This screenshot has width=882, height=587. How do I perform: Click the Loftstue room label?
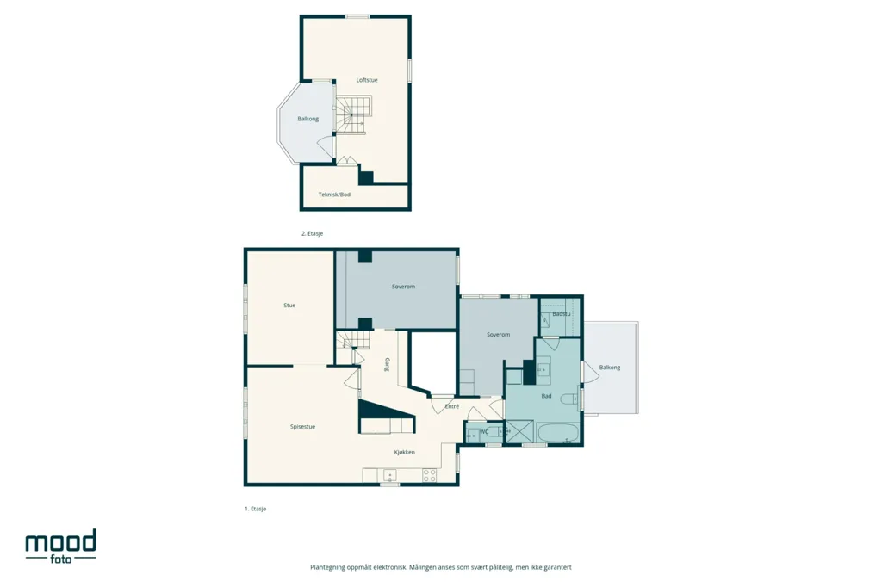pos(367,80)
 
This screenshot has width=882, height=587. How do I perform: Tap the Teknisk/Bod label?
pos(334,195)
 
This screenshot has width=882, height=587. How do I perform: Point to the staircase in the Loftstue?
pos(352,114)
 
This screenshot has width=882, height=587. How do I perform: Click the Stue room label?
pos(289,306)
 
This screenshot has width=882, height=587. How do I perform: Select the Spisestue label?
pos(302,427)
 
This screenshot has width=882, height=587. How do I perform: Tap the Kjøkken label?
pos(405,452)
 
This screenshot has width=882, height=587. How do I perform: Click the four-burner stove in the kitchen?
pos(429,476)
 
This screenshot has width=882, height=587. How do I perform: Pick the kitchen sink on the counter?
pos(390,476)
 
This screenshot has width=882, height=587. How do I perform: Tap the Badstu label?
pos(561,314)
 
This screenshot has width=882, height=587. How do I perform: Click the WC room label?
pos(484,432)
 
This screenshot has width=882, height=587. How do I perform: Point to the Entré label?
pos(451,406)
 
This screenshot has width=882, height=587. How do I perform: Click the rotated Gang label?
pos(387,364)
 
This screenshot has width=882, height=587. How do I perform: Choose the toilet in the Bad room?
pos(570,399)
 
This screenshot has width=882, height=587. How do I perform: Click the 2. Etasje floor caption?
pos(312,233)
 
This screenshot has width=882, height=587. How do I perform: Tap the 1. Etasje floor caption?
pos(255,509)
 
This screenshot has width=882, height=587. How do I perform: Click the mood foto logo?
pos(61,546)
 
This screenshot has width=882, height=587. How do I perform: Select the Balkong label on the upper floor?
pos(307,119)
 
